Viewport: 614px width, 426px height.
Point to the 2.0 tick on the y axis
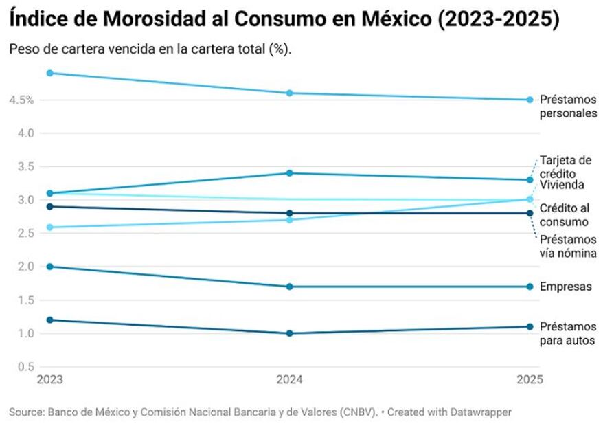[x=25, y=267]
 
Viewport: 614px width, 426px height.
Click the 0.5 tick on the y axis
[x=25, y=367]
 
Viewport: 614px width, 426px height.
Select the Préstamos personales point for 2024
[x=290, y=93]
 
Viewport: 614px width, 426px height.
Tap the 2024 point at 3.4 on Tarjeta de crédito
[x=290, y=173]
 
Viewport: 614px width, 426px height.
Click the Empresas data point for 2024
[x=290, y=287]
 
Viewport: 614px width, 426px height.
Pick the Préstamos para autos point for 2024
[x=290, y=333]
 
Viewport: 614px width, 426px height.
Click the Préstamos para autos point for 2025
[x=530, y=326]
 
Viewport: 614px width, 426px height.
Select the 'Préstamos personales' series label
[x=568, y=106]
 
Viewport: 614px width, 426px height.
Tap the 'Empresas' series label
[x=565, y=287]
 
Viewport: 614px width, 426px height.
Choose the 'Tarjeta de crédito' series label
[x=565, y=167]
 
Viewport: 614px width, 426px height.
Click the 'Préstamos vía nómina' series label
[x=567, y=247]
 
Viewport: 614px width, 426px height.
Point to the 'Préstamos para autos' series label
[x=567, y=333]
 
